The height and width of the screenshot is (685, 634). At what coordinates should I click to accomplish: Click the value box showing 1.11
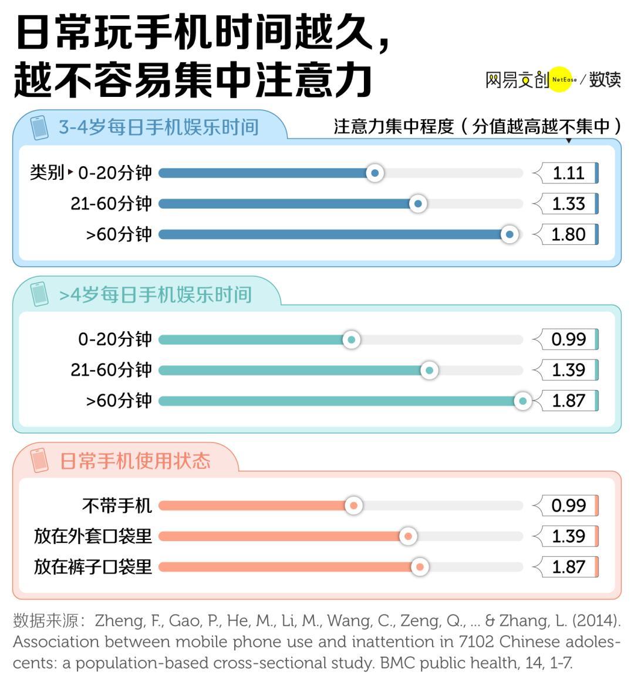[568, 173]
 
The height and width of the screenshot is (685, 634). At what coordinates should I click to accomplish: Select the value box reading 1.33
[568, 204]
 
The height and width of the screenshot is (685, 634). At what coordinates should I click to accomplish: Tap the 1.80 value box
[568, 234]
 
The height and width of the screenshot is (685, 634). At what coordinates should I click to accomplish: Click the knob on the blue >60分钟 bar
[510, 234]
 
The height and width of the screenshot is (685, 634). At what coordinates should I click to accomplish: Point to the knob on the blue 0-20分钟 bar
[375, 173]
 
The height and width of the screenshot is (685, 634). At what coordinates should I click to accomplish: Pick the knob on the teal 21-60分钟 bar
[429, 370]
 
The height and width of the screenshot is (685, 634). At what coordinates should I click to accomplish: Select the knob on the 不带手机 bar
[353, 505]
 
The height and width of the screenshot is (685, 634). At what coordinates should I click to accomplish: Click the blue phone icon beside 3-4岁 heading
[39, 127]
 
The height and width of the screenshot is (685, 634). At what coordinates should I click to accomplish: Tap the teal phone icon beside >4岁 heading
[39, 294]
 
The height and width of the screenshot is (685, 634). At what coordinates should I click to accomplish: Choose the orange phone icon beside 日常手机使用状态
[39, 460]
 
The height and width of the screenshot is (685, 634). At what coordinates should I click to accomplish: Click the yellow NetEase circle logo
[559, 79]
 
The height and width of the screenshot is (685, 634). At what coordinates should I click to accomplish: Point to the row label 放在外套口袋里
[93, 536]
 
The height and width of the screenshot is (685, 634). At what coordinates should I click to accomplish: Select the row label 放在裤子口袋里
[93, 567]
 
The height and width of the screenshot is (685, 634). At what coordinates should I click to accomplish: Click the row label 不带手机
[117, 506]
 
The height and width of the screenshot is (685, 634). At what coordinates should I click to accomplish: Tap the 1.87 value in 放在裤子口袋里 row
[568, 567]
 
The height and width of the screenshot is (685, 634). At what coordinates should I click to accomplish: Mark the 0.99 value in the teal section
[568, 340]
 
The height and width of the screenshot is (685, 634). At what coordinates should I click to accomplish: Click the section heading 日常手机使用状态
[135, 461]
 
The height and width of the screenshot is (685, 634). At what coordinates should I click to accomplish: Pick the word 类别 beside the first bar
[46, 173]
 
